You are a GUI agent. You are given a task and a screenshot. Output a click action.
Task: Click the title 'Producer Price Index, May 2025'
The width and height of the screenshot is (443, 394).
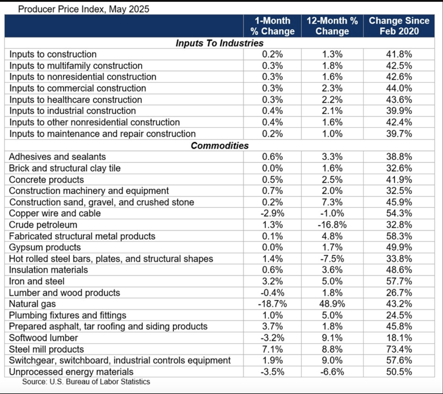[83, 9]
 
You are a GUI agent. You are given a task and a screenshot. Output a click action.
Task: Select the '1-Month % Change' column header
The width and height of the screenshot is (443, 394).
[272, 26]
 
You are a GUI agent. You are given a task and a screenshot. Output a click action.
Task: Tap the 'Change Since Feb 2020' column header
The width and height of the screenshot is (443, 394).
[399, 26]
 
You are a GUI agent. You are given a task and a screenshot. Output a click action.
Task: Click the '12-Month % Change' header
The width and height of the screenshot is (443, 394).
[332, 26]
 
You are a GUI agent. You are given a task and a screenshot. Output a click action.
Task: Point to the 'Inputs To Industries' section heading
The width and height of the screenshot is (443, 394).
[219, 43]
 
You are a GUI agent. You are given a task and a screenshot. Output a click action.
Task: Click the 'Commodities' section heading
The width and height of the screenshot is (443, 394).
[219, 146]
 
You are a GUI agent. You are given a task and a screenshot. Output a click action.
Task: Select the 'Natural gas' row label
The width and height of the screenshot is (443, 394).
[32, 304]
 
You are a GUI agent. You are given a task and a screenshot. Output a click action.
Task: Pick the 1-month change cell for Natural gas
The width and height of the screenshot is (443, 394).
[272, 304]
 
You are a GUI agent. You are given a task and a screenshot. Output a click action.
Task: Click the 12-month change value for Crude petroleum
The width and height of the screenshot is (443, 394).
[332, 225]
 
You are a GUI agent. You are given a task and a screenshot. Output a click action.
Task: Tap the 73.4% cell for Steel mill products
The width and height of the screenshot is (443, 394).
[399, 349]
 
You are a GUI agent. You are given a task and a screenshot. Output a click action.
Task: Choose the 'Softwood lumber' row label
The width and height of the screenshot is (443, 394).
[43, 338]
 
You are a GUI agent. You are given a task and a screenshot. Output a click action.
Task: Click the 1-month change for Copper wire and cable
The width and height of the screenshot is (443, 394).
[272, 213]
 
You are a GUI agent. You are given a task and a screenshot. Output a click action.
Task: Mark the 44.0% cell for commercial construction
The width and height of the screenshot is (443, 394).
[399, 88]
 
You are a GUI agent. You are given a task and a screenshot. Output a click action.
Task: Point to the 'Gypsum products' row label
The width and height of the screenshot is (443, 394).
[45, 247]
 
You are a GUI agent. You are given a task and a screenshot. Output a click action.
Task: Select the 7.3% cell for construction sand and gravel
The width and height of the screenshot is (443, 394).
[332, 202]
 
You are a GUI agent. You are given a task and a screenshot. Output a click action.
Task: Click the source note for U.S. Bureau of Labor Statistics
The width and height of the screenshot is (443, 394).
[86, 382]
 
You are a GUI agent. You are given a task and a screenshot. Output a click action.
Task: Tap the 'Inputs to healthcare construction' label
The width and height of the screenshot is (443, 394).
[76, 100]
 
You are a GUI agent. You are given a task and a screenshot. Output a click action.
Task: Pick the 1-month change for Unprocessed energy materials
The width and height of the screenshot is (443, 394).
[272, 372]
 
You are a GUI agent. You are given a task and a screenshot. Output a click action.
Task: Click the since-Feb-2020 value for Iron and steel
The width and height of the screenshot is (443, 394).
[399, 281]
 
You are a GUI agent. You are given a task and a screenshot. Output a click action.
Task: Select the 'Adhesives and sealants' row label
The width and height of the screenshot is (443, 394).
[57, 157]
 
